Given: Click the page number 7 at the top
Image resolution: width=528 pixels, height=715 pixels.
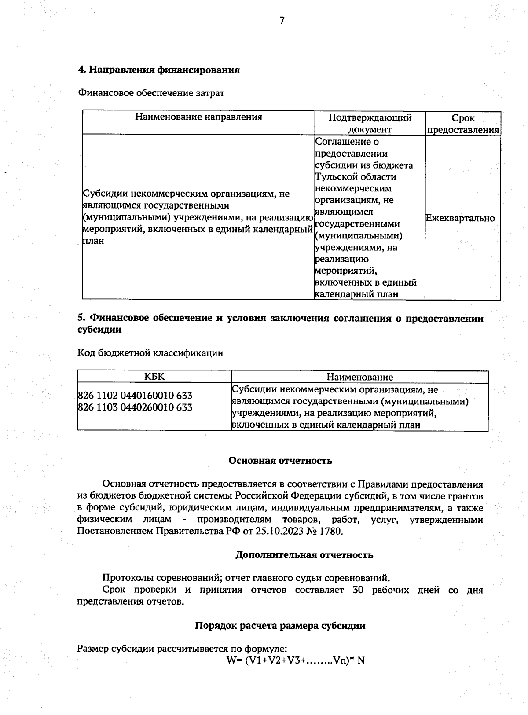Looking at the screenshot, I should [x=282, y=20].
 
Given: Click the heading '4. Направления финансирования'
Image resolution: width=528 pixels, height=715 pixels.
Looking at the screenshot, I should [x=158, y=70].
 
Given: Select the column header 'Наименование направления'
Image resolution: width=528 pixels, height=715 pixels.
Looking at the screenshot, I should [x=198, y=117].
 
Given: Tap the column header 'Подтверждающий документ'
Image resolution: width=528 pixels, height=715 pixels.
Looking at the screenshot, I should [x=370, y=124].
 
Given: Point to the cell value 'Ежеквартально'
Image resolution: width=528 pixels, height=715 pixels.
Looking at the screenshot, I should [x=460, y=218].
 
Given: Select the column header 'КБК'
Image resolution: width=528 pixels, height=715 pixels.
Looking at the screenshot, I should [x=154, y=377].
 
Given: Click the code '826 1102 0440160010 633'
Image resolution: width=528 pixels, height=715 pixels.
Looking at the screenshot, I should [x=135, y=396].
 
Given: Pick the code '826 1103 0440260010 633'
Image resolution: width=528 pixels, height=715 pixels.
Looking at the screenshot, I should [x=135, y=407].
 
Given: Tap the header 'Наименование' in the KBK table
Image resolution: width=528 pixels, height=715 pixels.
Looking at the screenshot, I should [x=359, y=377].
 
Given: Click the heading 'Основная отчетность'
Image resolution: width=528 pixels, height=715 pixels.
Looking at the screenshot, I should [x=280, y=461].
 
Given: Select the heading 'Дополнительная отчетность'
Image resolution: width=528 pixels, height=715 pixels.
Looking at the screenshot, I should [x=304, y=555].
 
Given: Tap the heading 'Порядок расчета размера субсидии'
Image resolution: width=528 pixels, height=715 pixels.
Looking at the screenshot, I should [x=280, y=625].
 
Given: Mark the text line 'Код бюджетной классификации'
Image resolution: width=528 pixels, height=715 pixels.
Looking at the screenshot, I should [x=150, y=353].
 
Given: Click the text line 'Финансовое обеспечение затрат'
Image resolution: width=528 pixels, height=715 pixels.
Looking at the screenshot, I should [x=151, y=93].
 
